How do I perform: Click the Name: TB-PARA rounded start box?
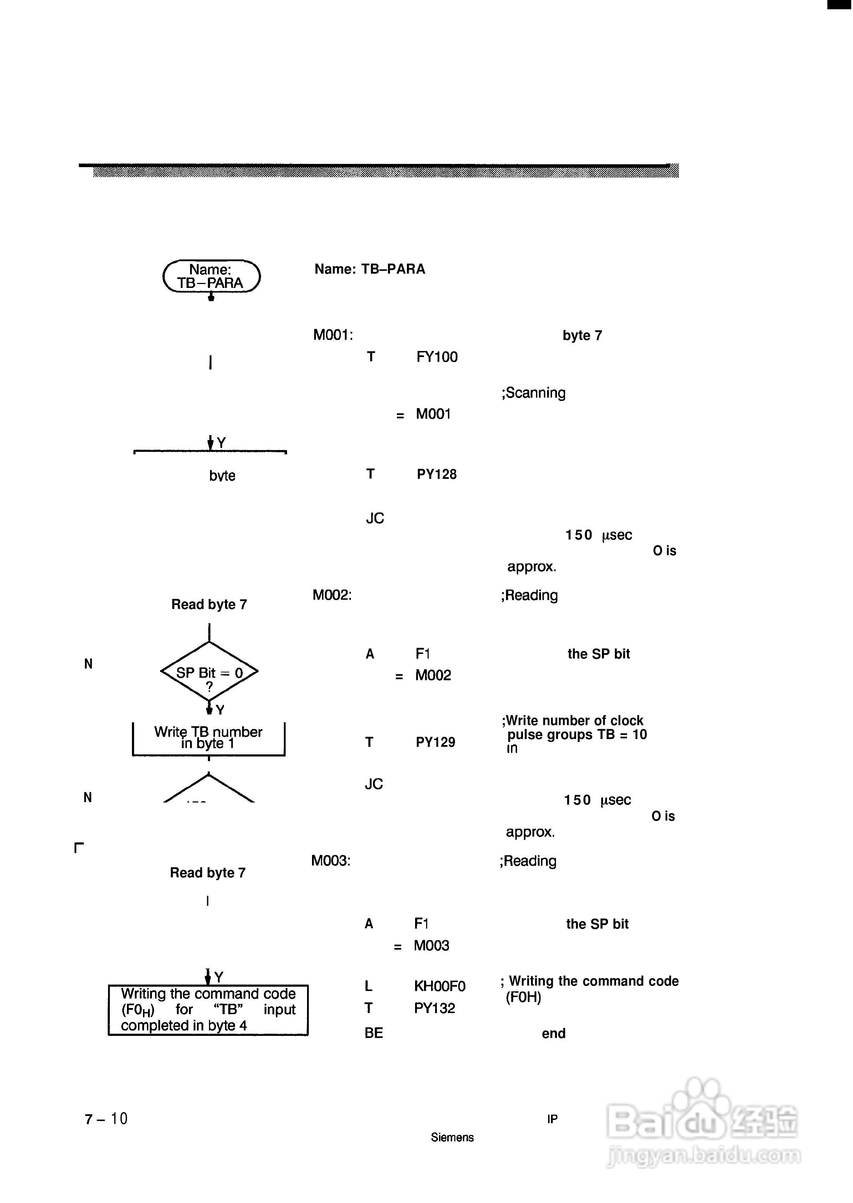[x=211, y=276]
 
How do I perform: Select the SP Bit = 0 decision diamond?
[x=209, y=672]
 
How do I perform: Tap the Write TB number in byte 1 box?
[x=209, y=738]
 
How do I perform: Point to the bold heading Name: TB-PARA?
[x=370, y=269]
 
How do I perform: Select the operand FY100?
[x=436, y=357]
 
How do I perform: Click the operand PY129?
[x=435, y=742]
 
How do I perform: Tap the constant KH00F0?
[x=440, y=986]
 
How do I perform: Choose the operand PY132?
[x=434, y=1008]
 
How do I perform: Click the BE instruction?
[x=373, y=1033]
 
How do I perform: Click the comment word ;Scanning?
[x=533, y=393]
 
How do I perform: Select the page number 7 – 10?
[x=106, y=1119]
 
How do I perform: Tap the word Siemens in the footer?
[x=452, y=1137]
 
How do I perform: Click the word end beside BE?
[x=553, y=1033]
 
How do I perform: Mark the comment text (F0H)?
[x=523, y=997]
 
